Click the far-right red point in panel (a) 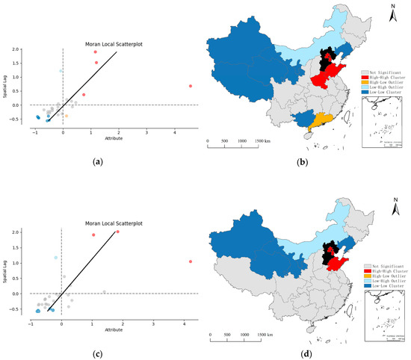tap(191, 86)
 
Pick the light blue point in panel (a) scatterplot tap(61, 71)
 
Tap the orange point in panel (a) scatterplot tap(67, 116)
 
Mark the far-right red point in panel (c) tap(191, 261)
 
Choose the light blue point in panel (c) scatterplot tap(55, 258)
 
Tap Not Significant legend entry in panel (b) tap(385, 51)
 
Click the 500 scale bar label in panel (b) tap(224, 141)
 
